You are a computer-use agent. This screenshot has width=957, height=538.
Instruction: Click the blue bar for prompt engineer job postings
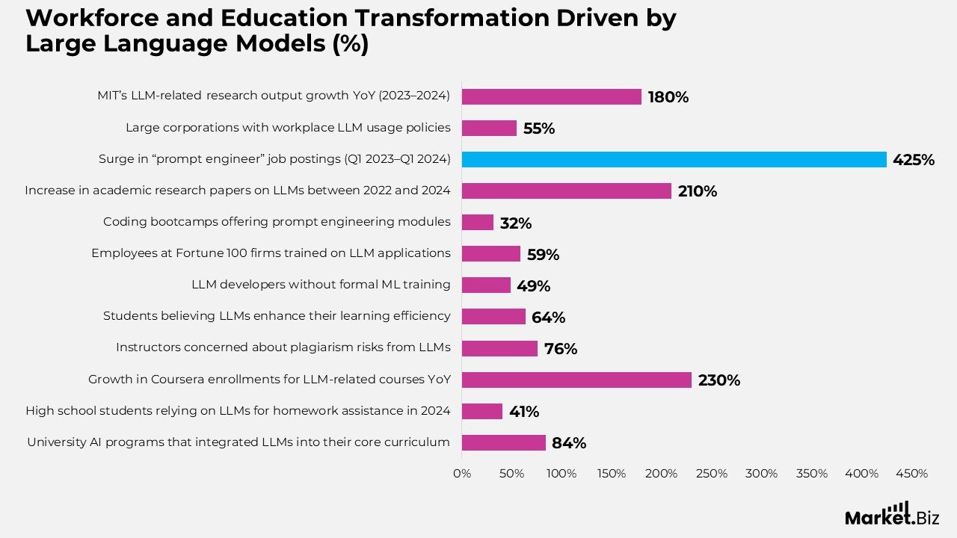click(x=673, y=159)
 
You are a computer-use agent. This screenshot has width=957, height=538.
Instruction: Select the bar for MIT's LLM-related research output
click(x=551, y=96)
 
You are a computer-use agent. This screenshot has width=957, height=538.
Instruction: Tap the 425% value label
click(x=913, y=160)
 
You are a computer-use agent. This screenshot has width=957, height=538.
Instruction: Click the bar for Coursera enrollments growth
click(x=576, y=380)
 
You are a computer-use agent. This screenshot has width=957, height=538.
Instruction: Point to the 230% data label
click(x=718, y=380)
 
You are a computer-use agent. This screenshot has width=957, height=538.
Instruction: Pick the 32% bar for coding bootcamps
click(x=477, y=223)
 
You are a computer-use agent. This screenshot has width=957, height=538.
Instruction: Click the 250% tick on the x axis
click(x=712, y=474)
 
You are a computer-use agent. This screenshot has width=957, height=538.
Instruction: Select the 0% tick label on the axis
click(x=462, y=474)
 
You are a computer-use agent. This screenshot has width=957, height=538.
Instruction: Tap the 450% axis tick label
click(x=911, y=474)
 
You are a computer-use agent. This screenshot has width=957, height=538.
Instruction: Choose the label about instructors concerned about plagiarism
click(x=283, y=347)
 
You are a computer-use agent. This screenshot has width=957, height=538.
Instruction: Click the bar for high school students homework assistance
click(x=481, y=411)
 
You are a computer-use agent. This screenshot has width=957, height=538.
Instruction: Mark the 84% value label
click(x=569, y=443)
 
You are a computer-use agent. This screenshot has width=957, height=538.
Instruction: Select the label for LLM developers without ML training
click(x=321, y=285)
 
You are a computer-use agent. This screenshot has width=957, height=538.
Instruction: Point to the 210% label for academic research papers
click(x=697, y=191)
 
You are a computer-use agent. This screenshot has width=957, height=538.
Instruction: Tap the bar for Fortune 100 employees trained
click(x=490, y=254)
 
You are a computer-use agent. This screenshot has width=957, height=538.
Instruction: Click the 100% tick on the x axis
click(x=561, y=474)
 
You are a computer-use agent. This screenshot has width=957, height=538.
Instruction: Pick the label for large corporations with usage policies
click(x=288, y=128)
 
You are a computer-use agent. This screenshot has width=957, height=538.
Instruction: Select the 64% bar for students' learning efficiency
click(x=493, y=317)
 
